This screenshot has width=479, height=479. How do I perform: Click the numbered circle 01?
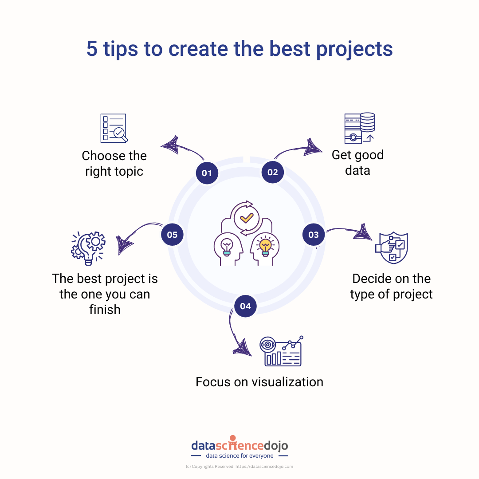tap(207, 173)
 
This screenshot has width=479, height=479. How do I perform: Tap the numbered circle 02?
tap(272, 172)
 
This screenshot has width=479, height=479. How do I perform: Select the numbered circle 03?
tap(314, 235)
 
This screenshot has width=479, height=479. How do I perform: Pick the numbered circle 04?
tap(245, 306)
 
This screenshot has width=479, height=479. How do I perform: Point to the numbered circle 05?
tap(172, 235)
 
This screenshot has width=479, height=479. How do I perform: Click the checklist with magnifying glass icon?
tap(114, 128)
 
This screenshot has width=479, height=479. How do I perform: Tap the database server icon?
tap(360, 128)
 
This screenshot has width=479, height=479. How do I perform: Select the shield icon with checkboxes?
tap(392, 248)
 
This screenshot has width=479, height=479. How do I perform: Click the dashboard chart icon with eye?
tap(281, 351)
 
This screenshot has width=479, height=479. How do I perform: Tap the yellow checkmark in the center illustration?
tap(247, 218)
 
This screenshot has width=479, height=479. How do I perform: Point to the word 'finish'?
tap(105, 310)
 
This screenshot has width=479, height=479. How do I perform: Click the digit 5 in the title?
tap(92, 49)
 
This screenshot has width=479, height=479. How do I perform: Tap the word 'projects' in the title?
tap(354, 50)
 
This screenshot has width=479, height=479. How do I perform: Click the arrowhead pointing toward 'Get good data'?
tap(313, 147)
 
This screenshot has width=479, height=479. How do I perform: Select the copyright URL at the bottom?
tap(264, 467)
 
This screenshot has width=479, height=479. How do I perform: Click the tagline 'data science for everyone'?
tap(240, 456)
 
